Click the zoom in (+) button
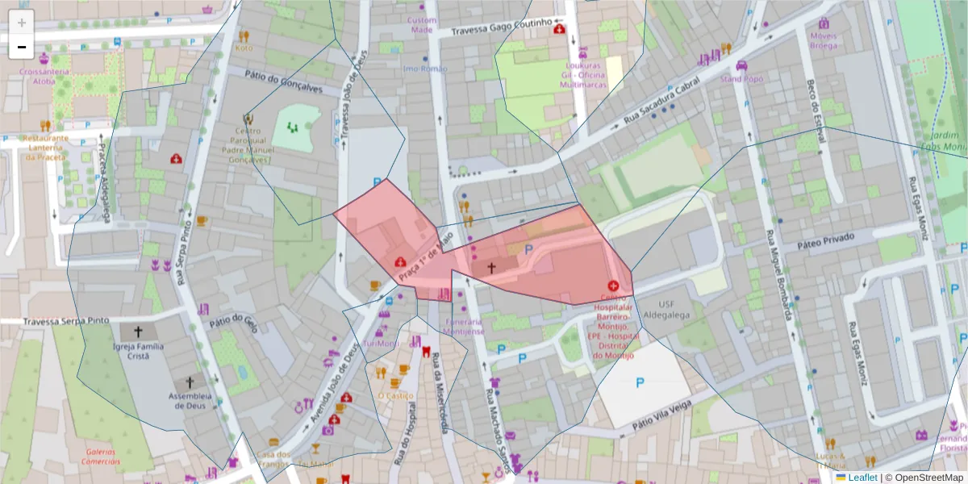click(22, 23)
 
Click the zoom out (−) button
click(22, 47)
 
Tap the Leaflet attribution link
click(862, 478)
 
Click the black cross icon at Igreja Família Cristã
click(138, 331)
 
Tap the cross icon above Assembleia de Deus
click(190, 382)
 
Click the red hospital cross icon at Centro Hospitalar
click(613, 286)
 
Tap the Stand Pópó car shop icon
click(741, 65)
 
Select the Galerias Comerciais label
click(100, 457)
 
